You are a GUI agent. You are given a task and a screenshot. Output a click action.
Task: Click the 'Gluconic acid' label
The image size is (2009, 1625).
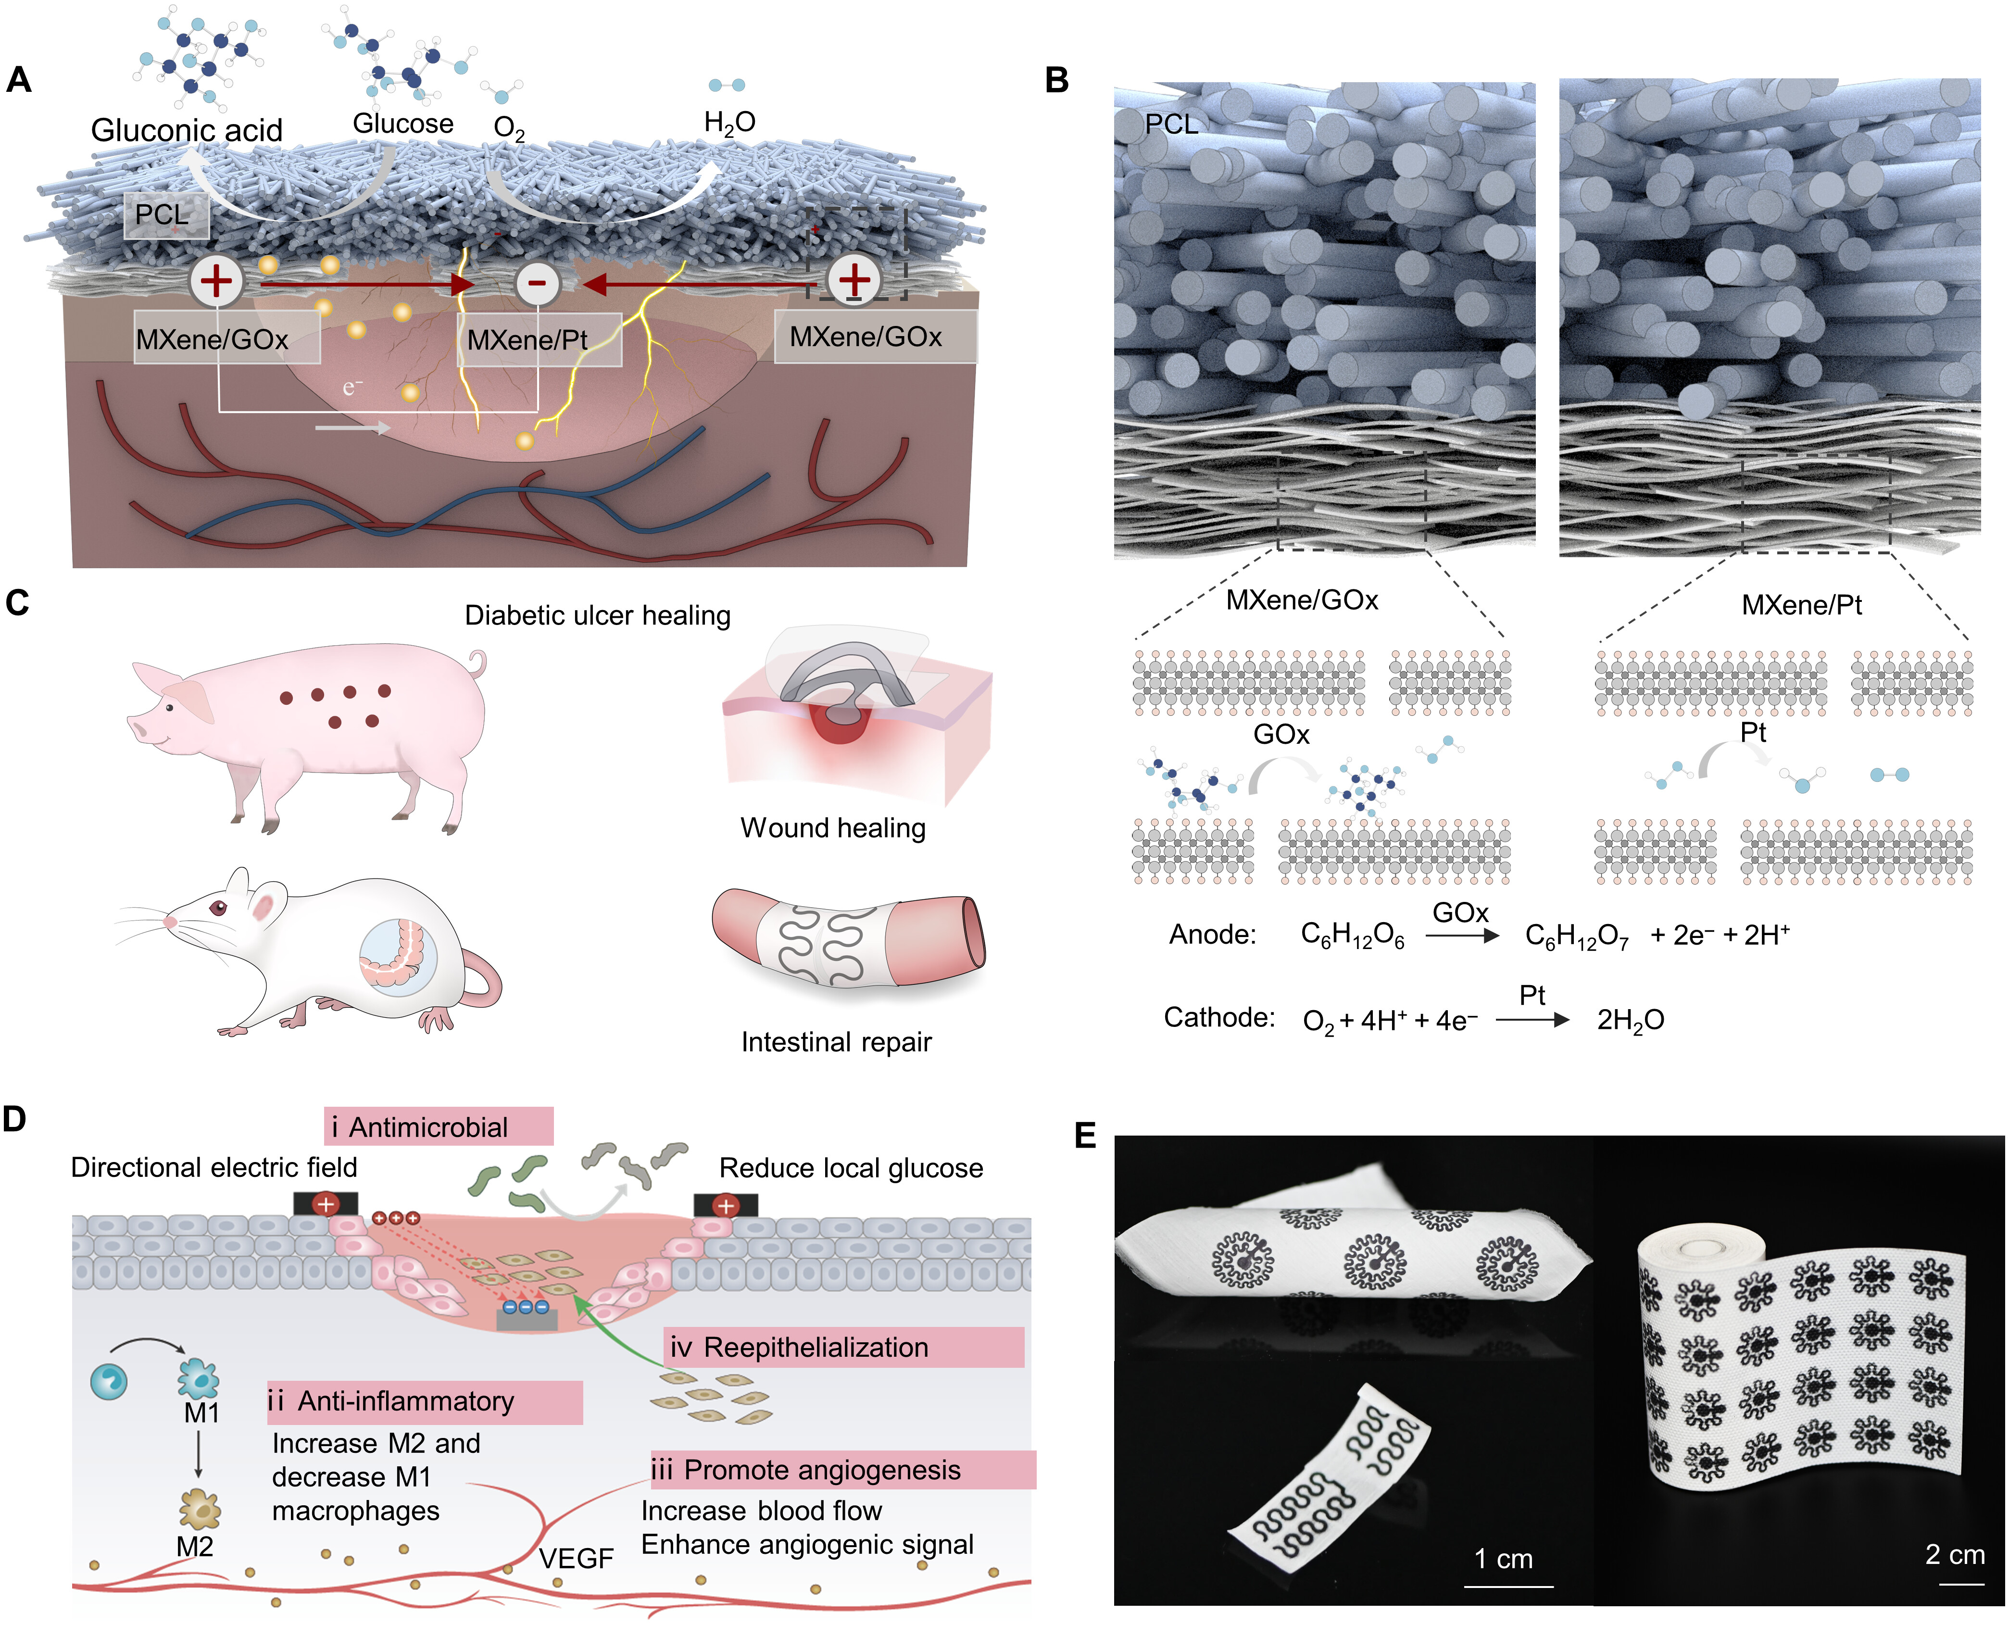(x=186, y=130)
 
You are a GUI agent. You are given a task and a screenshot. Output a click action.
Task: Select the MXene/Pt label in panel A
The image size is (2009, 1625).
(x=538, y=340)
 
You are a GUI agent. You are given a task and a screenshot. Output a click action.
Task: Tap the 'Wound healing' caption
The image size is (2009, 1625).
(x=833, y=828)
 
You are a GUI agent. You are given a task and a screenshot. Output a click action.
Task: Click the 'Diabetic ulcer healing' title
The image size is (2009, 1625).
(x=597, y=616)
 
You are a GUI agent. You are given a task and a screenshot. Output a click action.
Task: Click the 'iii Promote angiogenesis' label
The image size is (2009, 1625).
(x=842, y=1470)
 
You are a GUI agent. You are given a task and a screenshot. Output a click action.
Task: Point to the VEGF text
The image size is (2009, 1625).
(x=576, y=1559)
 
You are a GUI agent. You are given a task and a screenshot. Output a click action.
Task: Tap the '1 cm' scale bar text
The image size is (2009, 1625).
(x=1504, y=1559)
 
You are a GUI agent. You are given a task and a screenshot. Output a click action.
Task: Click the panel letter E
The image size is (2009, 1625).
(x=1085, y=1136)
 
